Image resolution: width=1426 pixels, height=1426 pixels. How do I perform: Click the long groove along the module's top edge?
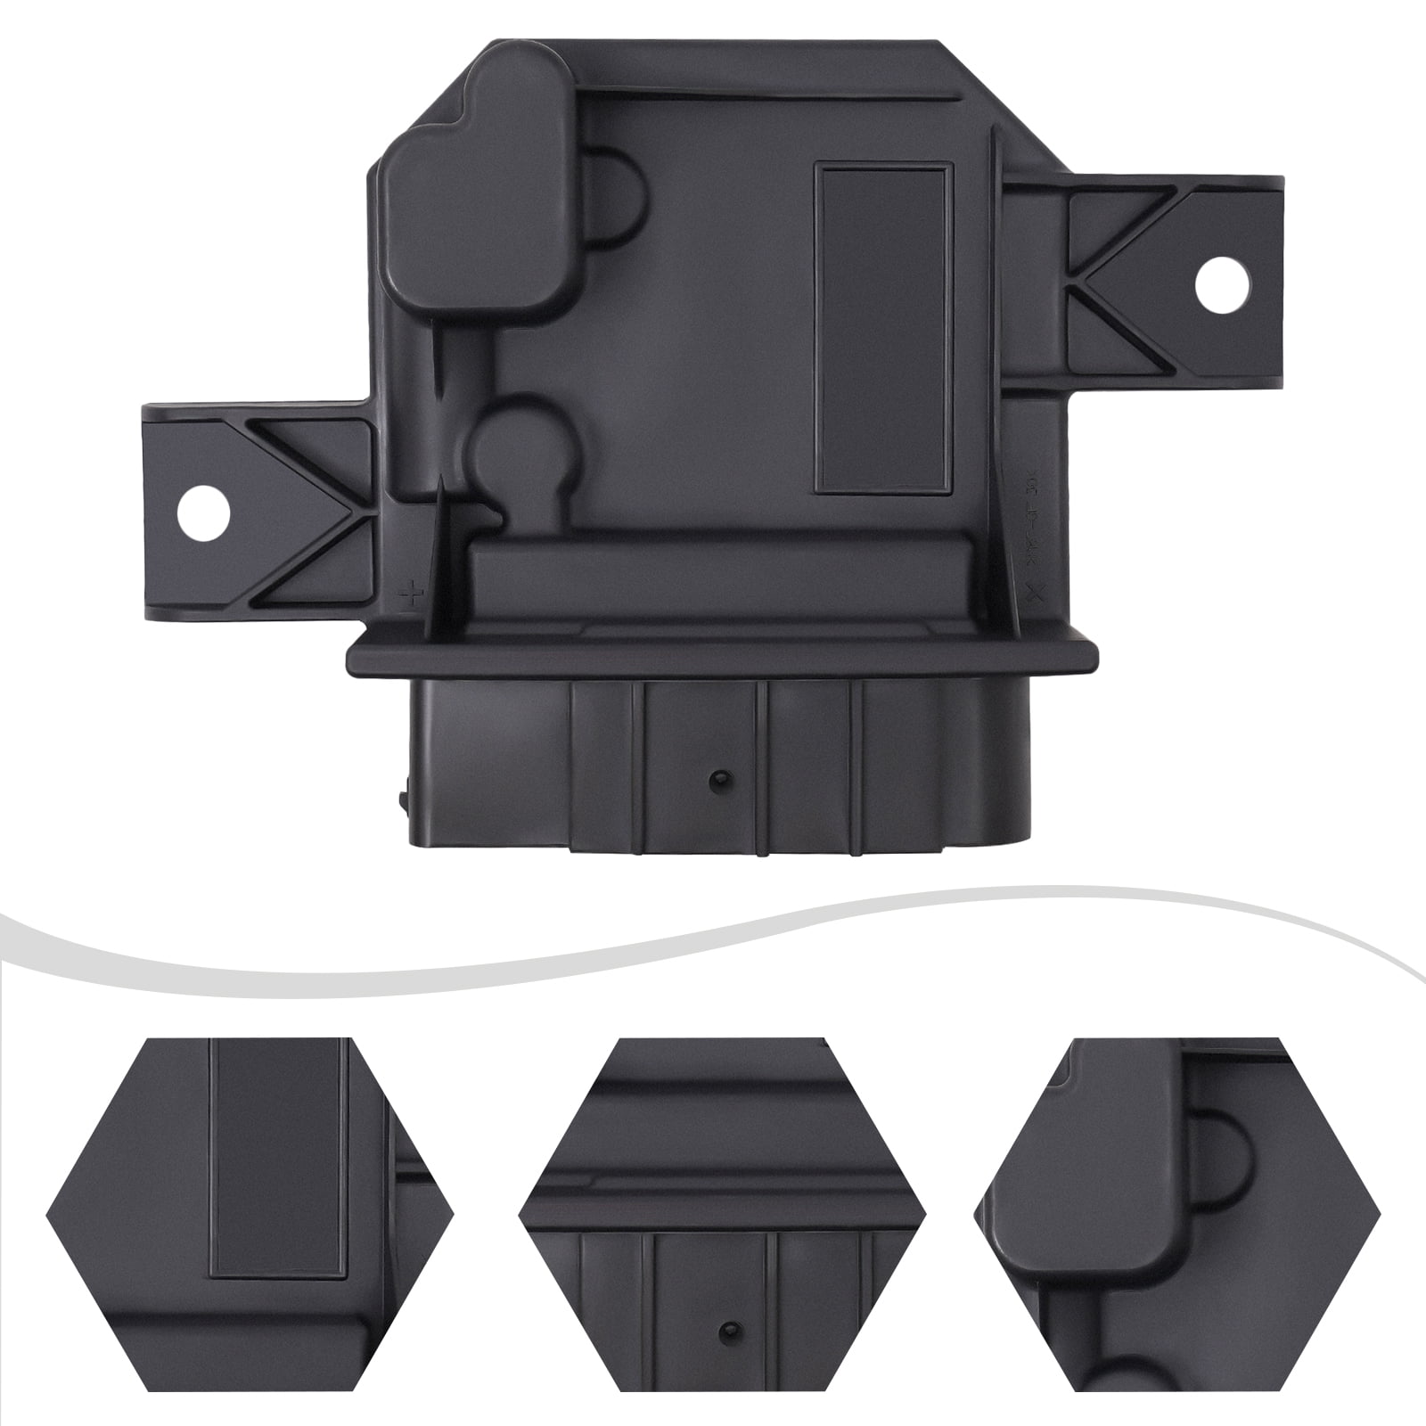tap(766, 90)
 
